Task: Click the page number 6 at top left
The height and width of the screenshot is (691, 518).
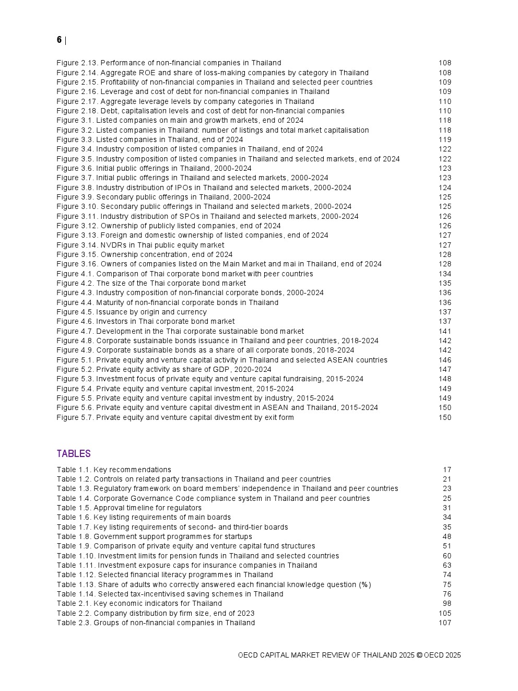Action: [x=60, y=40]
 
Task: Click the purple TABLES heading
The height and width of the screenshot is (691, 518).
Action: [x=74, y=453]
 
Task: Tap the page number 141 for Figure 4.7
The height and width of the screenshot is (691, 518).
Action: [x=445, y=331]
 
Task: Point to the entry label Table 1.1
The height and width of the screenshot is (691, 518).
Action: [x=74, y=470]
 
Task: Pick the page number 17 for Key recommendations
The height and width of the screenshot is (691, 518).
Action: [x=447, y=470]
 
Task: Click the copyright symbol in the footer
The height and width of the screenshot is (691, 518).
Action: [x=419, y=655]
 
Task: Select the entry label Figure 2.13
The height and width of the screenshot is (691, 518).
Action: [x=77, y=63]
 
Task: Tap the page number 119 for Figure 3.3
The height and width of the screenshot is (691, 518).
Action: [x=445, y=139]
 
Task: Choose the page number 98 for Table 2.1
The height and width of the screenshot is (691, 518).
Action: [x=447, y=603]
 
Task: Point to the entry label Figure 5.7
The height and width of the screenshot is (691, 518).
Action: [x=75, y=417]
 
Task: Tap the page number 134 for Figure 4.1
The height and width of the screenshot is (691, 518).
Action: [x=445, y=274]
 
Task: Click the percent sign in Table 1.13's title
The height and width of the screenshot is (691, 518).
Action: [x=365, y=584]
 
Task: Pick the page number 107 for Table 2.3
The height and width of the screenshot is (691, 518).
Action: [x=445, y=623]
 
